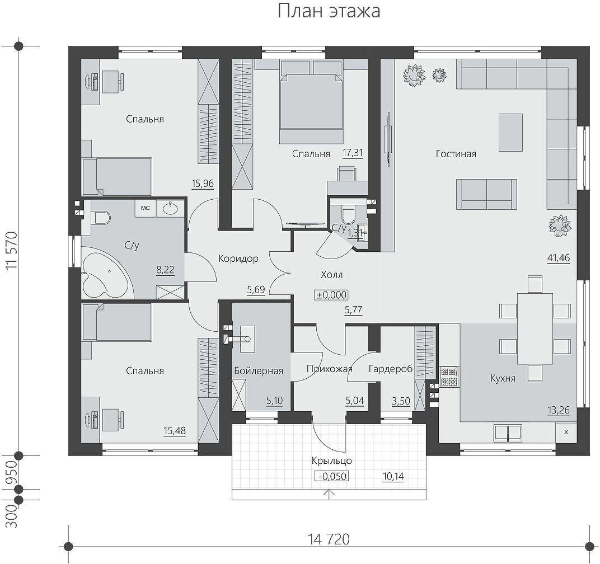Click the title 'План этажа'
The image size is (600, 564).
coord(329,11)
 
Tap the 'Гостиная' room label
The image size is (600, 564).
coord(456,154)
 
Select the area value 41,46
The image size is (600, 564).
coord(559,258)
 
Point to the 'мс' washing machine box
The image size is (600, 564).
coord(146,208)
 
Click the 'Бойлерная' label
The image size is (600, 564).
coord(259,371)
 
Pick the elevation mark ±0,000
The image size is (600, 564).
coord(331,295)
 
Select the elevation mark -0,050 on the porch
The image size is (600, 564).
coord(332,476)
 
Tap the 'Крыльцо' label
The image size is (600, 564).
coord(332,460)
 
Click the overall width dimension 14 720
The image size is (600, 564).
coord(329,539)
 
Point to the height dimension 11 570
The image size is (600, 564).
coord(12,251)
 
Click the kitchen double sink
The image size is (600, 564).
coord(508,433)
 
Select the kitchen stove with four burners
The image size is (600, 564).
coord(449,377)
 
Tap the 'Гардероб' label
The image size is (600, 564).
coord(391,369)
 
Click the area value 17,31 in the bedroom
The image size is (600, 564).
coord(353,153)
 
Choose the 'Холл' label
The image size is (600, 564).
coord(332,275)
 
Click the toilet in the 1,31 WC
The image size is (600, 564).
coord(348,215)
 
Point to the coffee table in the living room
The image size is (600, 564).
coord(510,133)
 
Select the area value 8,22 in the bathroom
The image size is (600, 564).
coord(165,270)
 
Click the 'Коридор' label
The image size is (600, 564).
coord(238,258)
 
